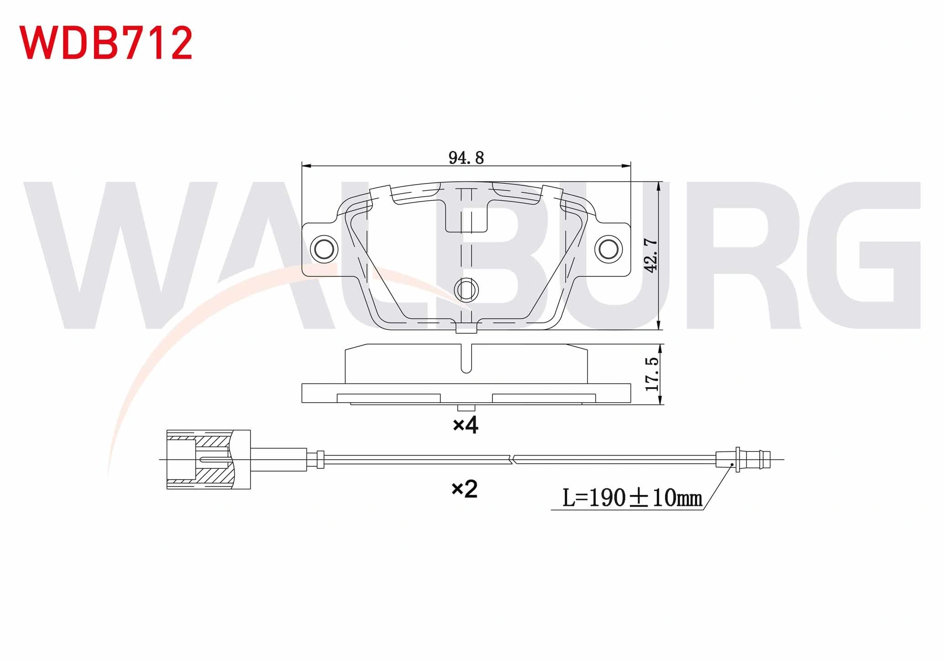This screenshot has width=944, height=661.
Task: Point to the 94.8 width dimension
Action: point(466,158)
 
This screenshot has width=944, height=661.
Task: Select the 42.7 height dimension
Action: point(650,256)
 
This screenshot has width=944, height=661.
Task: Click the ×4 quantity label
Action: point(465,425)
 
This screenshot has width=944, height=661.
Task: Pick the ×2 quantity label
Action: point(464,489)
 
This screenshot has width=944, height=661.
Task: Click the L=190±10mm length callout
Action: point(632,498)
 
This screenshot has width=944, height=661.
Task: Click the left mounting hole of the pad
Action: point(325,249)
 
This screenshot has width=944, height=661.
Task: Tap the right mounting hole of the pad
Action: point(608,249)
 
